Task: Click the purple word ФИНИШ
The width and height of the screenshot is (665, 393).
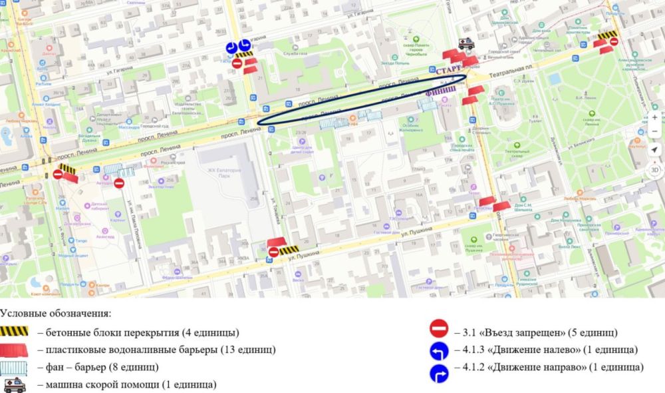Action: (440, 89)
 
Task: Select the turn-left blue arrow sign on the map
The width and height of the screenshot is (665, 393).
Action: (231, 47)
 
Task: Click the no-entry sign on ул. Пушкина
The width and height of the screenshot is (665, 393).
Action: (274, 252)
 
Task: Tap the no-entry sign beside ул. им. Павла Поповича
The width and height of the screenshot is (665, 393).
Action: (119, 183)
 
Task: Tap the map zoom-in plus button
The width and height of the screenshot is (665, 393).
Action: (654, 118)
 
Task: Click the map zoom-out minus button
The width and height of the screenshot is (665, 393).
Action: (654, 133)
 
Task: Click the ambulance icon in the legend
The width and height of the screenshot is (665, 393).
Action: (14, 385)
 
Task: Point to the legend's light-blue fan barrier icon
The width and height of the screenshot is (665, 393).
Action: (15, 367)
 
